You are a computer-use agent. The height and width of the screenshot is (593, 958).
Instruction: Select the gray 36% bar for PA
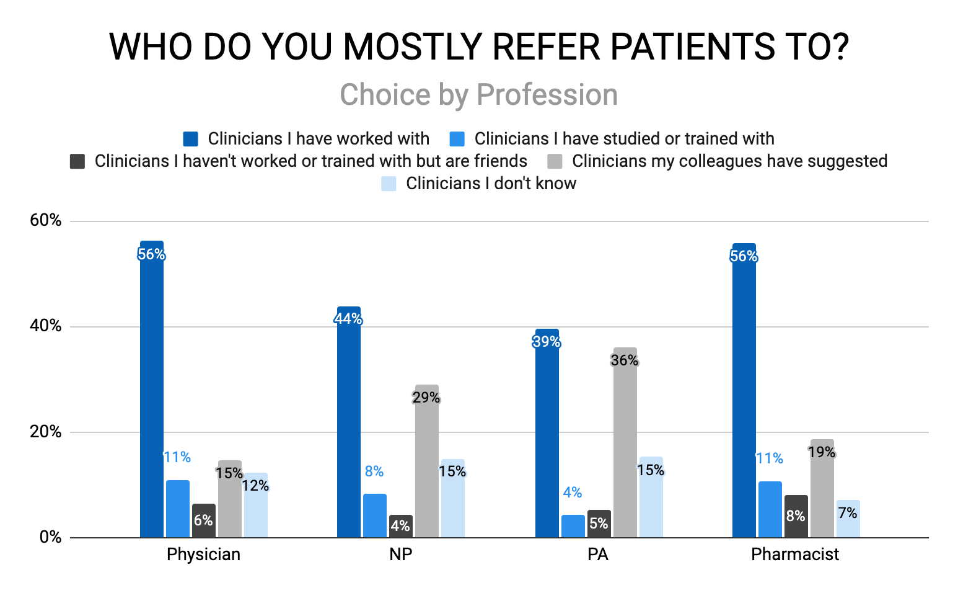[625, 447]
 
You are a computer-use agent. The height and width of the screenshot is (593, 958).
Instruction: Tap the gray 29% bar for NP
[427, 465]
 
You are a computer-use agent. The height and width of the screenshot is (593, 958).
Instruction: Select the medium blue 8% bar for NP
[374, 515]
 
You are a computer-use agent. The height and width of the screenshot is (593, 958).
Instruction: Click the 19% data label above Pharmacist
[822, 452]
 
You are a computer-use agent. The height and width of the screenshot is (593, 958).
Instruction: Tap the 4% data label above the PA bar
[572, 493]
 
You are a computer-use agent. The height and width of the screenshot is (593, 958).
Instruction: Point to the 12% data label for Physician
[255, 486]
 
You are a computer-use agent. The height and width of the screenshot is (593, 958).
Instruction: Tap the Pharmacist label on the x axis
[795, 554]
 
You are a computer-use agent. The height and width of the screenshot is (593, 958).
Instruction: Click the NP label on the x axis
[400, 554]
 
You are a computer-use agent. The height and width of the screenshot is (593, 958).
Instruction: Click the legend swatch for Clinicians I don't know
[389, 184]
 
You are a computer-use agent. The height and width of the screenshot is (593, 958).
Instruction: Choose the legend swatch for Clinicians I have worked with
[190, 139]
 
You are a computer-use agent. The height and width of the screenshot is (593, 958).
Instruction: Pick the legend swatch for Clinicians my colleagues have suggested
[555, 161]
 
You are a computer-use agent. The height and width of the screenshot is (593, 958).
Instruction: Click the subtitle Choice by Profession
[478, 95]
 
